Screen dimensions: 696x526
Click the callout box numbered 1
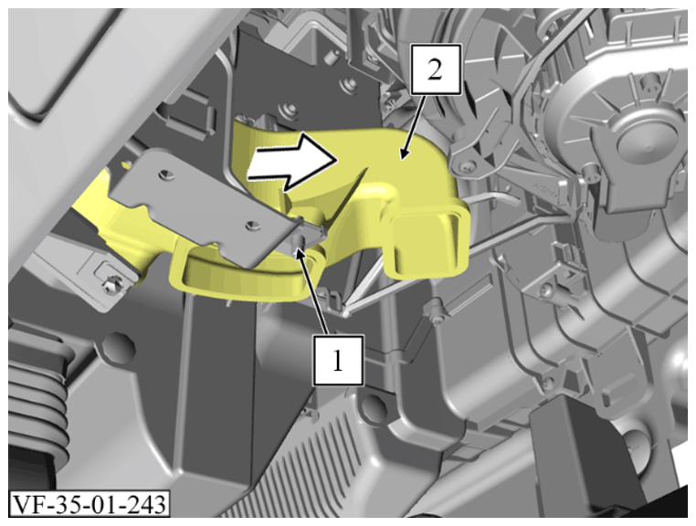coord(338,361)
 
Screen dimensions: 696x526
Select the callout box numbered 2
coord(436,69)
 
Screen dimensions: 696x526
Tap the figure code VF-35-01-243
coord(89,504)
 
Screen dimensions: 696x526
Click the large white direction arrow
coord(290,162)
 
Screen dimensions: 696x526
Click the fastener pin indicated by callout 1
coord(300,242)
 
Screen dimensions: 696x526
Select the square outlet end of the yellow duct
coord(427,243)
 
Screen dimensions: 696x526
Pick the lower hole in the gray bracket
coord(253,225)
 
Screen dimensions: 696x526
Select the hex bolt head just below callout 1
coord(372,406)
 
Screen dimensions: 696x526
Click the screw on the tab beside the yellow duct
coord(465,166)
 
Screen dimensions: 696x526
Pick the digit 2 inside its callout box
coord(435,69)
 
